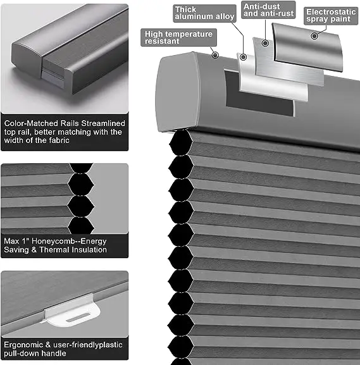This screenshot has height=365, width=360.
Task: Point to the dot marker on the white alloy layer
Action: (244, 57)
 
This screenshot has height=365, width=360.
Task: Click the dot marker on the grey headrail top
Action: (216, 55)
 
